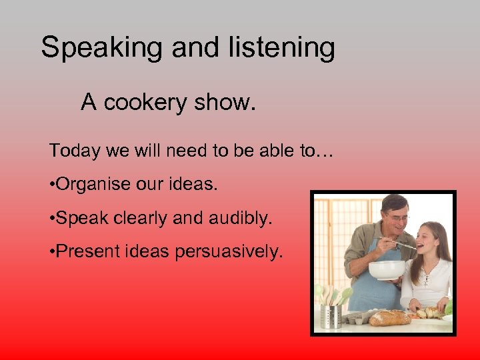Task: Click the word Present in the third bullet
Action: pos(83,252)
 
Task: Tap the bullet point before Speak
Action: pos(52,218)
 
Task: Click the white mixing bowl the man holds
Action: pos(387,269)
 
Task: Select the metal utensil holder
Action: pos(331,314)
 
